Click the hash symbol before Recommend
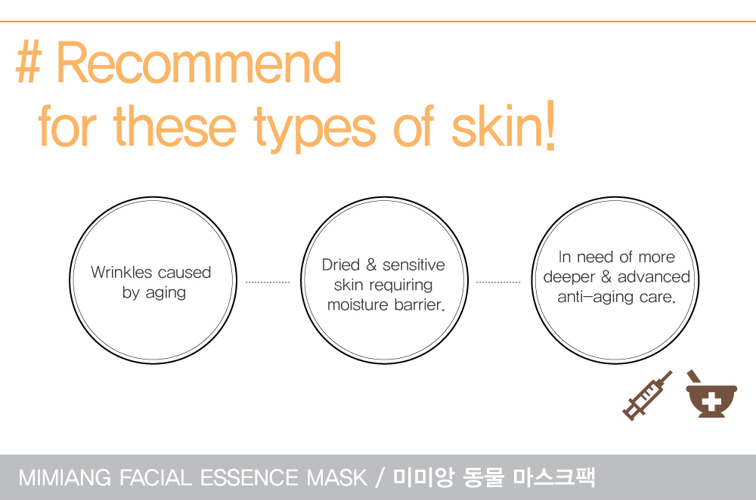point(28,63)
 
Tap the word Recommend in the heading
point(199,63)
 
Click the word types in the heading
point(314,128)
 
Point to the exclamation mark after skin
point(550,124)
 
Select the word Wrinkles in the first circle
point(122,272)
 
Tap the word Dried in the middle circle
point(341,264)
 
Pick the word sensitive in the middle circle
point(414,264)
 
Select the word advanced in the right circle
point(654,276)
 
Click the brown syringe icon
point(647,396)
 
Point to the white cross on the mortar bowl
point(711,401)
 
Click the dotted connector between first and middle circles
point(268,282)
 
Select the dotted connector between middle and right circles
point(498,282)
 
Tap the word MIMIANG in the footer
point(64,478)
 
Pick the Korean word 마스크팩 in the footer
point(554,477)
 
